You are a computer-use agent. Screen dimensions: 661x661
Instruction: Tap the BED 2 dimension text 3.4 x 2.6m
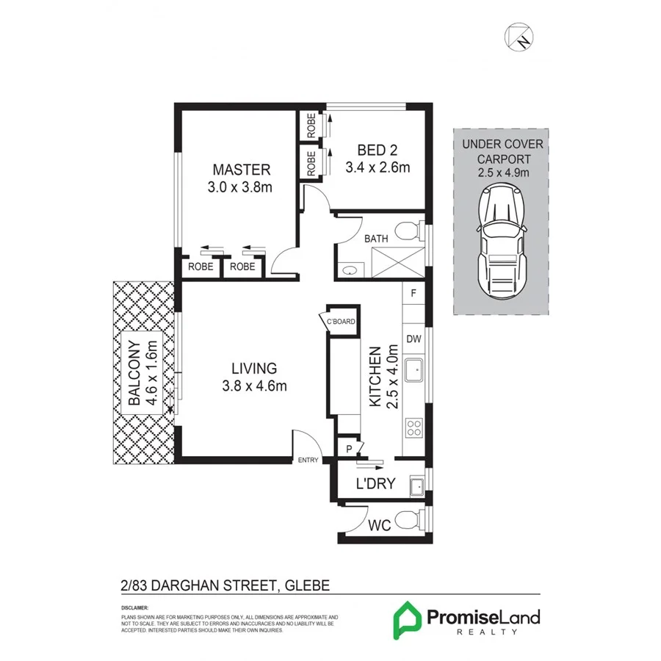click(377, 167)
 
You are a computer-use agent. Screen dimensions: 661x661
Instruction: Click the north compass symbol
click(521, 35)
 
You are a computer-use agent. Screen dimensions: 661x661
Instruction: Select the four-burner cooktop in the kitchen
click(413, 427)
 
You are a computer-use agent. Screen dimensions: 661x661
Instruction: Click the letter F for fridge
click(413, 294)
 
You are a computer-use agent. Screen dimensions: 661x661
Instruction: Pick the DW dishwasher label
click(413, 339)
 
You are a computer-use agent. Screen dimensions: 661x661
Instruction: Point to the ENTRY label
click(308, 460)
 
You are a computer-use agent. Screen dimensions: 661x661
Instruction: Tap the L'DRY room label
click(375, 484)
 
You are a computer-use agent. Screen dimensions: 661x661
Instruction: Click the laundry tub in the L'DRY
click(416, 484)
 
